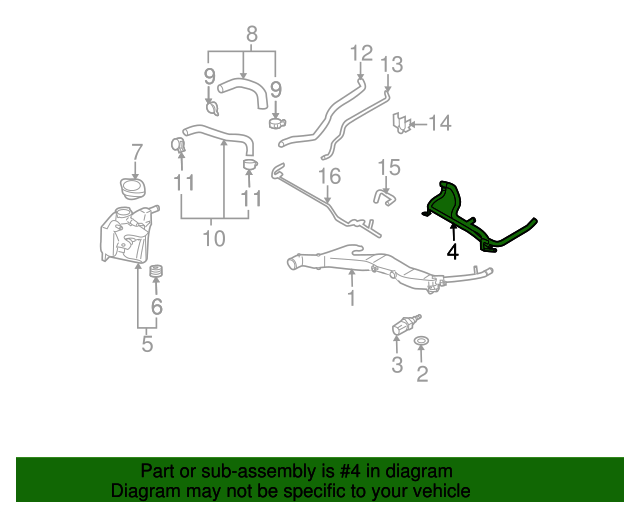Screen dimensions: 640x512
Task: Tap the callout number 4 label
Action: [453, 252]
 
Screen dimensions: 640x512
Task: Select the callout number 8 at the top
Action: [252, 34]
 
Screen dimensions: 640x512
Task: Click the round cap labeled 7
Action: [133, 189]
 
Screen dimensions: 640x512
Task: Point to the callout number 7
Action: [137, 152]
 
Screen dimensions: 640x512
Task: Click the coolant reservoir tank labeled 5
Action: [126, 234]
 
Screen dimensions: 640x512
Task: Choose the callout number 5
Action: [147, 343]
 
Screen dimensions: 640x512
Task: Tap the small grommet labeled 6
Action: [156, 271]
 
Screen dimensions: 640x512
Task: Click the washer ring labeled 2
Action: [421, 341]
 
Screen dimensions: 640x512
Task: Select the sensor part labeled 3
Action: [405, 324]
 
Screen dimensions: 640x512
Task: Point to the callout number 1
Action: [351, 298]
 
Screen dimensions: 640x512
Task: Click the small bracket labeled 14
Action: [400, 123]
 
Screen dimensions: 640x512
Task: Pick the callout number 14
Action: [440, 123]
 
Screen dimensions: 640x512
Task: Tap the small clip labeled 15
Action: [384, 198]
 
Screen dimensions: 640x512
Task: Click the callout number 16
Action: [329, 176]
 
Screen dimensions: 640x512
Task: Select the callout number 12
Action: [362, 53]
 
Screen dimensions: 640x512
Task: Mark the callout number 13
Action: [391, 65]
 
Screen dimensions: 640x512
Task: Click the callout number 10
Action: [214, 238]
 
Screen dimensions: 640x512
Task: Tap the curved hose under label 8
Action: [243, 93]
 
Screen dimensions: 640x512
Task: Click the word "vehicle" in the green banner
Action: [443, 491]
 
